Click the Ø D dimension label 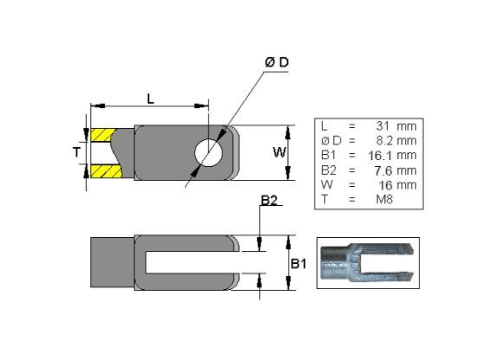276,62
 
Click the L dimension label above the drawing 151,100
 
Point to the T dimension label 76,152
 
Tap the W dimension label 279,152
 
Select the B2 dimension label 269,201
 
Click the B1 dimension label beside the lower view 299,264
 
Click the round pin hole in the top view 209,152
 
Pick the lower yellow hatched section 106,171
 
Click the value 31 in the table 383,126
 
